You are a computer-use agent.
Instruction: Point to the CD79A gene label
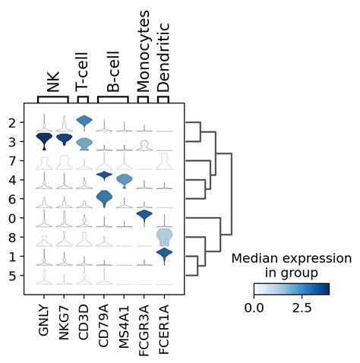click(104, 324)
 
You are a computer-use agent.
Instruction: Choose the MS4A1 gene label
click(124, 324)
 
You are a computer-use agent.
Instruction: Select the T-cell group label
click(84, 72)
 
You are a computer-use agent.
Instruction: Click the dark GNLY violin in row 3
click(45, 140)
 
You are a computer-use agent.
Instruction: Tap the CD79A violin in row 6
click(104, 198)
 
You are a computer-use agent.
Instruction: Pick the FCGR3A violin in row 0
click(144, 217)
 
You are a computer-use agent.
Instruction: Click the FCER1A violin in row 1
click(163, 256)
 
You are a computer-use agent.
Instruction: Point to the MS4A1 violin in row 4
click(124, 179)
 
